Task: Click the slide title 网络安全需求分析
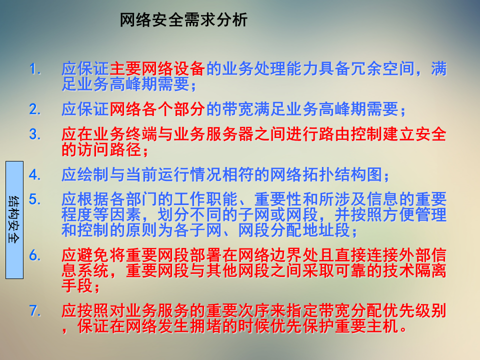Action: [x=183, y=20]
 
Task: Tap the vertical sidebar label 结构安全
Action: [x=14, y=219]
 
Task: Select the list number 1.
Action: [x=34, y=68]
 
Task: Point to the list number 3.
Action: [x=34, y=134]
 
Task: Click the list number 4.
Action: [x=34, y=175]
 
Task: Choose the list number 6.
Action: [x=34, y=255]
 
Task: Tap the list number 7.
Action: [x=34, y=311]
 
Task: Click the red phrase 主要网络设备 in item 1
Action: [x=157, y=69]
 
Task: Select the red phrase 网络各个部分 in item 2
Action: [x=157, y=108]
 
